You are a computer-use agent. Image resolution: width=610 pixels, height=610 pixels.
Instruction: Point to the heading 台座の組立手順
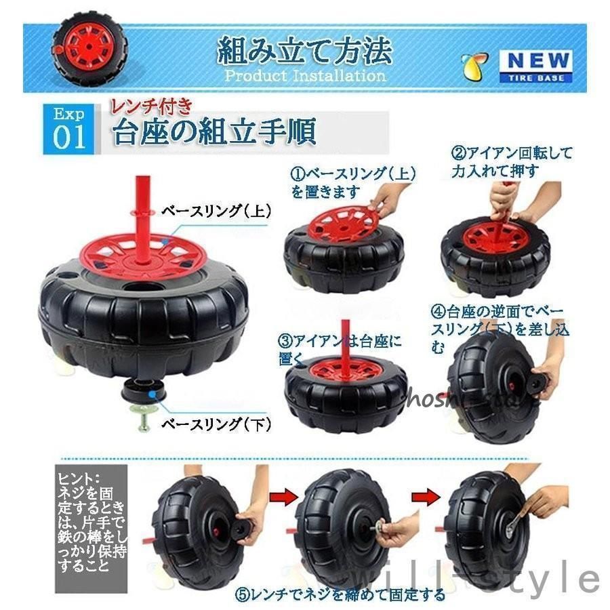coord(214,132)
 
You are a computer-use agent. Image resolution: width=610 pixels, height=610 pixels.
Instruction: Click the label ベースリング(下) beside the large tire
coord(216,424)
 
